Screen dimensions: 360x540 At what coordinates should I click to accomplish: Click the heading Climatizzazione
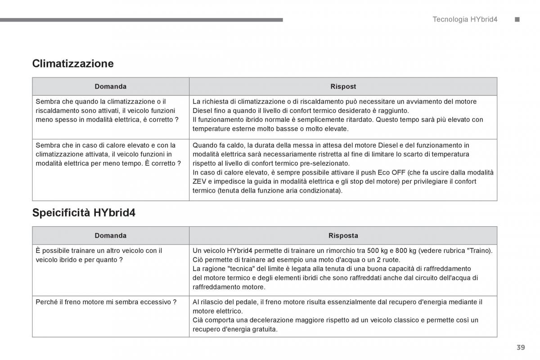(73, 63)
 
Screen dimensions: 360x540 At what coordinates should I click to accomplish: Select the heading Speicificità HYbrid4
(84, 213)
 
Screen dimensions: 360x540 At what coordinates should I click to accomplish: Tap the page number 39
(521, 347)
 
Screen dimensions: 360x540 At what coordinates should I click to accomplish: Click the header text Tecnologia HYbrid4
(465, 19)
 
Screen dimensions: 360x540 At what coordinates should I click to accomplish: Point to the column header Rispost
(343, 86)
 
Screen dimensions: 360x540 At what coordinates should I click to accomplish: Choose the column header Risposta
(343, 235)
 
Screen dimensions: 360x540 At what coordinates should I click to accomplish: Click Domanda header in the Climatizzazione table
(110, 86)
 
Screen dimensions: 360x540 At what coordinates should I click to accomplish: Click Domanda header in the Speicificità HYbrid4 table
(110, 235)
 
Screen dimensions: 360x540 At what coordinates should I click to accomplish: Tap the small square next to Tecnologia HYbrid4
(517, 19)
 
